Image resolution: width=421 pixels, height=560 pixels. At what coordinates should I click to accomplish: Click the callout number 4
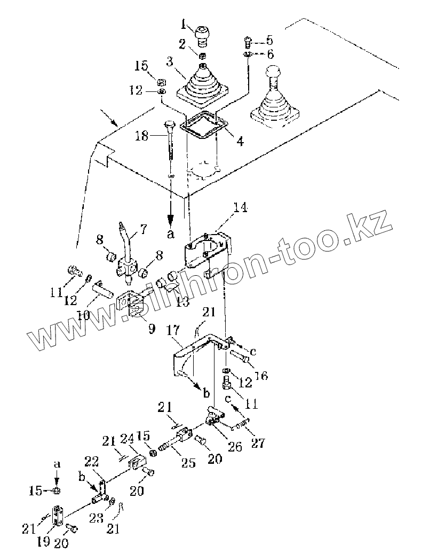click(241, 142)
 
